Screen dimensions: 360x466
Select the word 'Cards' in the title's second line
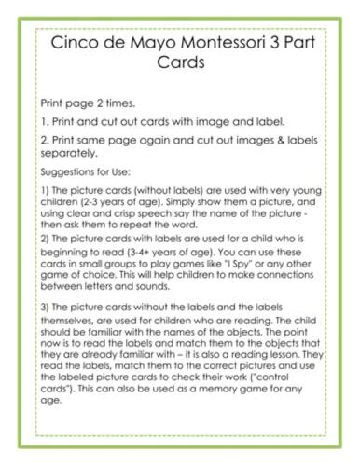[x=180, y=64]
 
